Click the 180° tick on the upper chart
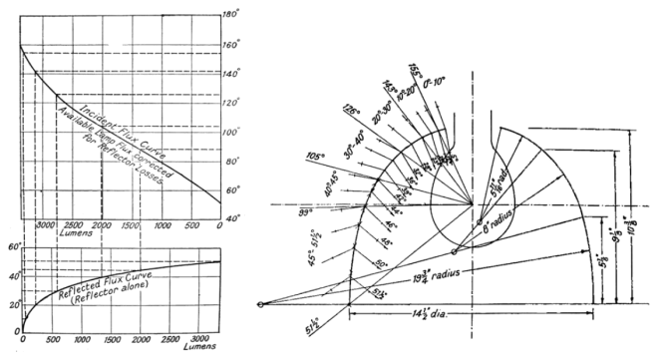tap(230, 15)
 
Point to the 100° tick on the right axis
tap(230, 132)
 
